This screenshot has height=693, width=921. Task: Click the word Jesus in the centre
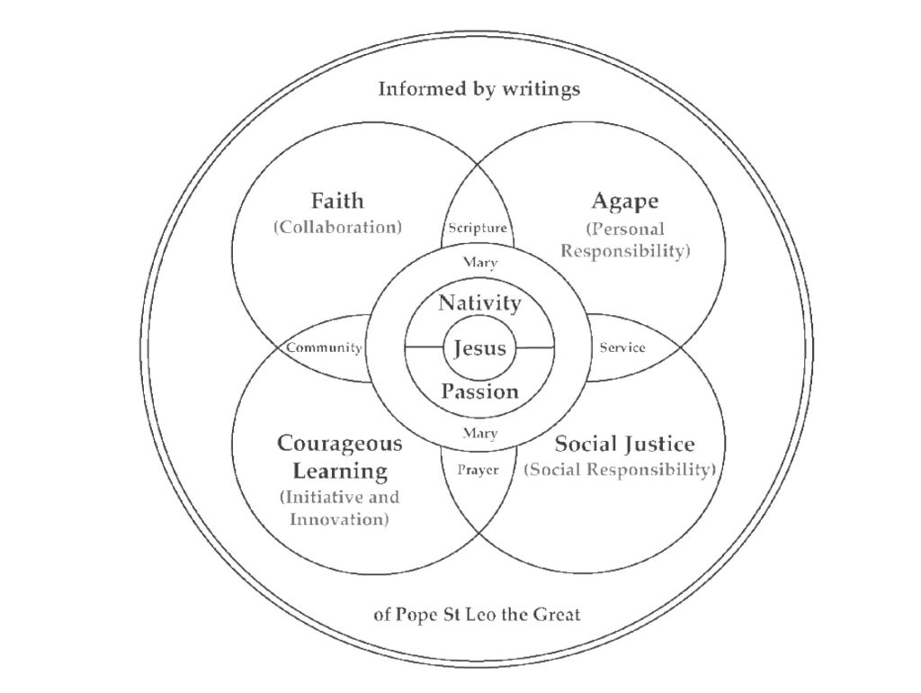pos(480,348)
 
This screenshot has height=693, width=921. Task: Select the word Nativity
pos(479,303)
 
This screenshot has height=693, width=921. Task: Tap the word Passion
pos(480,391)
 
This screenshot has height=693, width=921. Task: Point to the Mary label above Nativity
pos(480,262)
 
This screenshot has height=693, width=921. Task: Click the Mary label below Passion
pos(480,433)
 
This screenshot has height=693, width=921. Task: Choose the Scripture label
pos(478,228)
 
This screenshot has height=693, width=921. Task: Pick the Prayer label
pos(478,470)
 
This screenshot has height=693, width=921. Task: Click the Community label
pos(324,348)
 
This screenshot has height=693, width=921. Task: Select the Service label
pos(622,347)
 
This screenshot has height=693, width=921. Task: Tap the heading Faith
pos(337,201)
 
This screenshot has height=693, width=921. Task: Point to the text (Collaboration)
pos(338,228)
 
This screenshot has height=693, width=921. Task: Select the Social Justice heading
pos(624,444)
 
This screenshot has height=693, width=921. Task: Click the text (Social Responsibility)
pos(620,470)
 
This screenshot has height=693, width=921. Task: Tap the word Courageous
pos(339,443)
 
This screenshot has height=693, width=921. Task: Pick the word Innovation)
pos(339,519)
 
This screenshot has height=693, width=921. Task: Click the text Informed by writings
pos(478,89)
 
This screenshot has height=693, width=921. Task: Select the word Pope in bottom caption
pos(416,616)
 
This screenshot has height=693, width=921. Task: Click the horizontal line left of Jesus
pos(425,346)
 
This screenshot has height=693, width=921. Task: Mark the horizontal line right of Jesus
pos(535,347)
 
